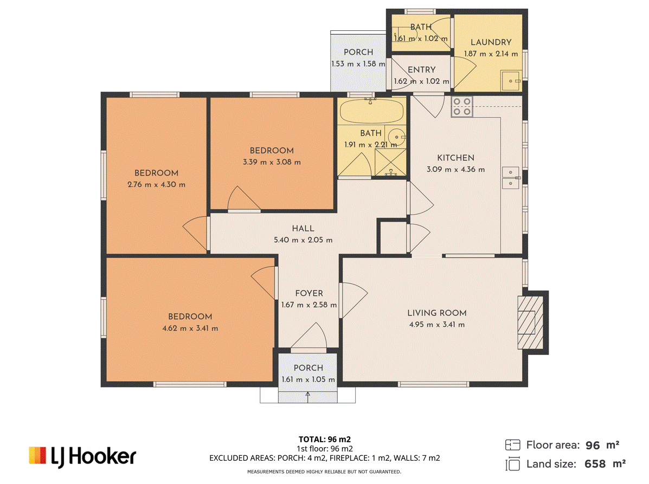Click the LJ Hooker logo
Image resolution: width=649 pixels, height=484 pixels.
tap(82, 456)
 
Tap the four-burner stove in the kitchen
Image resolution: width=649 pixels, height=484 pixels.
tap(462, 106)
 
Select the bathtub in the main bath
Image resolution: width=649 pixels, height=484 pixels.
tap(371, 111)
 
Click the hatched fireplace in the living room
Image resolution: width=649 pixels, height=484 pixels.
tap(530, 322)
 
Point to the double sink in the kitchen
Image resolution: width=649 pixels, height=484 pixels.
tap(510, 178)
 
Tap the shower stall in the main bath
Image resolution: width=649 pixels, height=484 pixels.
tap(390, 162)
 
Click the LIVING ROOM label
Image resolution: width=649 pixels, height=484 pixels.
tap(436, 313)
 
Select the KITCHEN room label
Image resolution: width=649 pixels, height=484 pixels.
tap(455, 158)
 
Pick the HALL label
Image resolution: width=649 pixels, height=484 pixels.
tap(303, 228)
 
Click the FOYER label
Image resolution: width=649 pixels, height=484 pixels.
tap(309, 293)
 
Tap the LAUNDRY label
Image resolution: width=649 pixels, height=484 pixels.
tap(491, 42)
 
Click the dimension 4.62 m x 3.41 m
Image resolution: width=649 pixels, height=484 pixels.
tap(190, 328)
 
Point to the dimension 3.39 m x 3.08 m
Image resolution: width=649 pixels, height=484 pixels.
tap(272, 162)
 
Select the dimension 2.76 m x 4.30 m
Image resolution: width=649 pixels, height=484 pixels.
tap(157, 184)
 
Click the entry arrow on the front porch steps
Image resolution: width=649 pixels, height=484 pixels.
tap(307, 397)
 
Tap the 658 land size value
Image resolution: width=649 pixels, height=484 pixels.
tap(595, 464)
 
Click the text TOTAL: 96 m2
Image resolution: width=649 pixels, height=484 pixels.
tap(324, 440)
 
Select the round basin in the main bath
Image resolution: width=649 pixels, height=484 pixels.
tap(396, 137)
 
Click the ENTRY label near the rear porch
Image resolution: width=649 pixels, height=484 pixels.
tap(421, 70)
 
